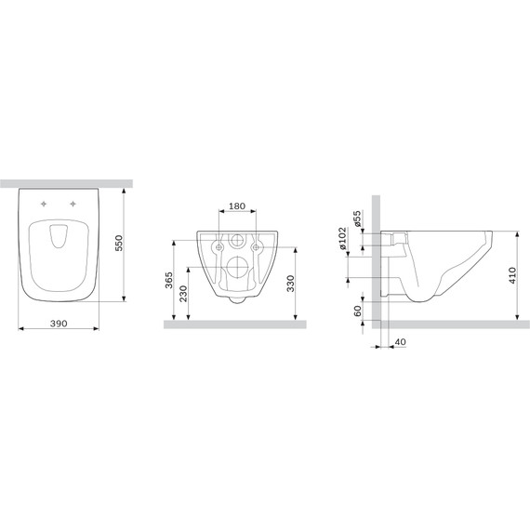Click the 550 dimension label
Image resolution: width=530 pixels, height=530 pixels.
119,243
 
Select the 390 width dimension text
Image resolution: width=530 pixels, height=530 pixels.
59,324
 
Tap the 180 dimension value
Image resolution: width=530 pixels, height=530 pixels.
237,205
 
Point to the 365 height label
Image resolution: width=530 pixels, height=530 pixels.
168,280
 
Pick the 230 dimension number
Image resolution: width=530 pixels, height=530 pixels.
183,294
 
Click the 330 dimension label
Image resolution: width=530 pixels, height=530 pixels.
290,284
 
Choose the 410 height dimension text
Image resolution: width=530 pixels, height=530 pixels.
512,275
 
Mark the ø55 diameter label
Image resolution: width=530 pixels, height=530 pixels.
357,219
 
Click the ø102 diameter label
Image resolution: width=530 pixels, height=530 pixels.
342,239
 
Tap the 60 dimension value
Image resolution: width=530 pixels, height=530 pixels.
357,311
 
